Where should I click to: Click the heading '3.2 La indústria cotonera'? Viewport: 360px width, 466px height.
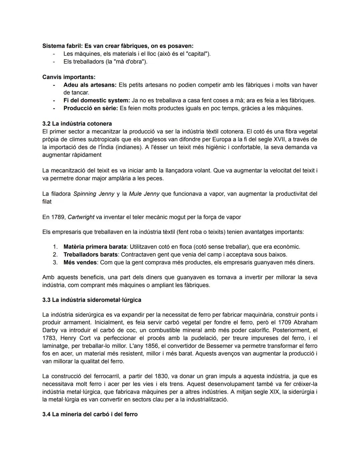(77, 124)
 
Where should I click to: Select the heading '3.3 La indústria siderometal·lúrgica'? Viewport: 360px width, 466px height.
(92, 300)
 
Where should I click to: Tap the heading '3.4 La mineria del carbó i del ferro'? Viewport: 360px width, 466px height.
(90, 414)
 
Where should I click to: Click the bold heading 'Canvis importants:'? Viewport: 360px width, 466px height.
(69, 77)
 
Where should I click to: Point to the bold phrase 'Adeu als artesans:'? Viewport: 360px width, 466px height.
(90, 85)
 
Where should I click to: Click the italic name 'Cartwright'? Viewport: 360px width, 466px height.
(81, 217)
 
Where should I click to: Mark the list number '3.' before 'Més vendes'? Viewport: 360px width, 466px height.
(55, 263)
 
